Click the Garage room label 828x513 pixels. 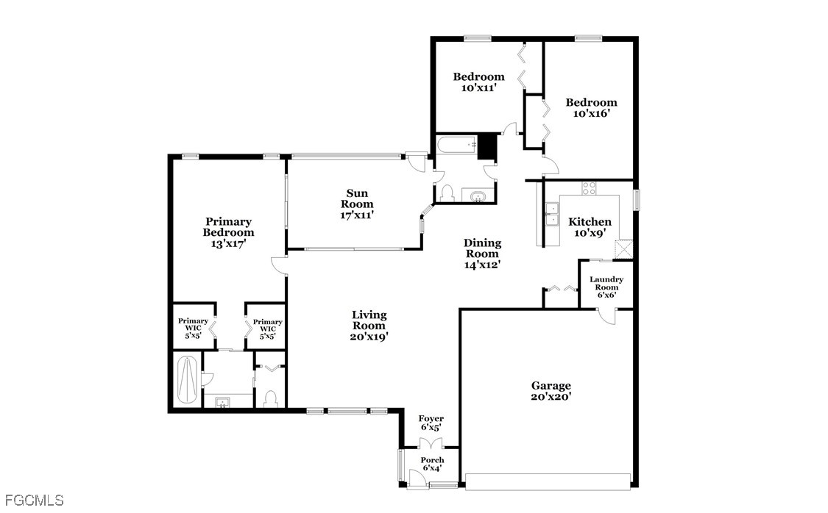click(x=551, y=391)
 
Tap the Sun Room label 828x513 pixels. click(x=357, y=204)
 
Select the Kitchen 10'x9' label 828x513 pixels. click(x=590, y=226)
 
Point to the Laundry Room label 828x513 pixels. click(x=606, y=287)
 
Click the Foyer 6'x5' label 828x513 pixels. click(x=431, y=423)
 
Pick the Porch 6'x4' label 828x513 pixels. click(x=432, y=464)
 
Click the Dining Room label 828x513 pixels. click(x=482, y=254)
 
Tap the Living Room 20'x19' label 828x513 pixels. click(x=369, y=326)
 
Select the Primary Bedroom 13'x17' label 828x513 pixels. click(x=229, y=232)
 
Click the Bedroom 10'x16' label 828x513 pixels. click(x=592, y=107)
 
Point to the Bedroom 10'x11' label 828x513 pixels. click(x=478, y=82)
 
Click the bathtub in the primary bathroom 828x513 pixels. click(x=187, y=380)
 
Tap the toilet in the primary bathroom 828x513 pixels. click(x=270, y=398)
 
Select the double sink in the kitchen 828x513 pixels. click(x=552, y=215)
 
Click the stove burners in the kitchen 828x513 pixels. click(x=589, y=187)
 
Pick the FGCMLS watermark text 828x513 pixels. click(x=35, y=500)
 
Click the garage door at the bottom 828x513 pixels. click(x=548, y=481)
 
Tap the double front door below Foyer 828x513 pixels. click(x=431, y=443)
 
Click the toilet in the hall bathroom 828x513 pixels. click(x=447, y=193)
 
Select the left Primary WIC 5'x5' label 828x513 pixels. click(x=193, y=327)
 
